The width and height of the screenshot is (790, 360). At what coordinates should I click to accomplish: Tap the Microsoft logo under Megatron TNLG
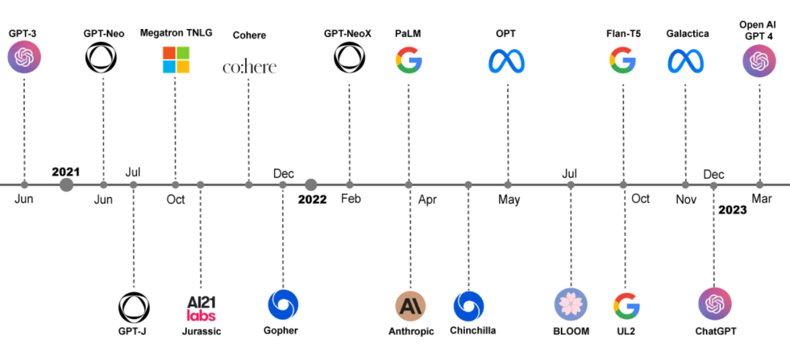click(x=176, y=60)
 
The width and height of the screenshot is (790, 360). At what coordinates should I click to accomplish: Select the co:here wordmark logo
click(x=249, y=66)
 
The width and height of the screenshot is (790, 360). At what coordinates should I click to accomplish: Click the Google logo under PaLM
click(x=409, y=60)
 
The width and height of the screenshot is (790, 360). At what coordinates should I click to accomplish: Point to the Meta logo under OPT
click(x=507, y=61)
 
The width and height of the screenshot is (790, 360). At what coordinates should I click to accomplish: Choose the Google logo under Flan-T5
click(x=623, y=60)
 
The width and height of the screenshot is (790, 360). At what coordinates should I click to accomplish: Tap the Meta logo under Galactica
click(x=685, y=61)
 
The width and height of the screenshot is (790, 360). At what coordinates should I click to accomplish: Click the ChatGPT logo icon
click(x=715, y=304)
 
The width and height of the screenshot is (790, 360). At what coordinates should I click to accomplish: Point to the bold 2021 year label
click(x=65, y=172)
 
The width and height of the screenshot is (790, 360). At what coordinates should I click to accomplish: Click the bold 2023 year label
click(x=732, y=210)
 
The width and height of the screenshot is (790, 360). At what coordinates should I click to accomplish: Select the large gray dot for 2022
click(x=311, y=185)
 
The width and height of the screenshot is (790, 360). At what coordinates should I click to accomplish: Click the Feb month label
click(x=351, y=199)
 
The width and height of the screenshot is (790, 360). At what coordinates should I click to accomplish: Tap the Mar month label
click(x=761, y=199)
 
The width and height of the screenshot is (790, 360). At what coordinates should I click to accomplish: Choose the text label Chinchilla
click(x=473, y=330)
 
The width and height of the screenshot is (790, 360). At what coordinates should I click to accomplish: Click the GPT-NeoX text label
click(x=347, y=33)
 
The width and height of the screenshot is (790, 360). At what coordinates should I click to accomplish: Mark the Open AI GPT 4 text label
click(x=758, y=30)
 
